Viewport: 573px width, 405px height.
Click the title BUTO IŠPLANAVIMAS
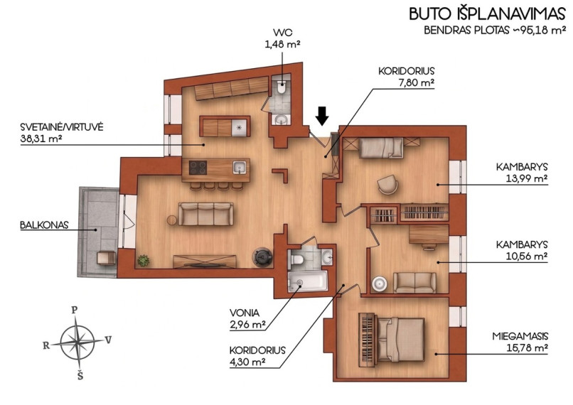tap(487, 14)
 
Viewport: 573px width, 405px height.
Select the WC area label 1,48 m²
tap(282, 45)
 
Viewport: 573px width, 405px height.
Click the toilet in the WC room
tap(282, 87)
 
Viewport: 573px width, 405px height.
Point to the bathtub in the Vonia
tap(308, 282)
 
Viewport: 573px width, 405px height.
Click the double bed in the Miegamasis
tap(400, 339)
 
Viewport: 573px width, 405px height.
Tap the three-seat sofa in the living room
tap(206, 214)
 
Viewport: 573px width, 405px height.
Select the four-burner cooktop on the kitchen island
tap(198, 168)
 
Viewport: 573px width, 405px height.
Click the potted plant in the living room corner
tap(144, 260)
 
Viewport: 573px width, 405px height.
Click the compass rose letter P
tap(75, 310)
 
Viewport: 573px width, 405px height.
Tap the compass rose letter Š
tap(80, 375)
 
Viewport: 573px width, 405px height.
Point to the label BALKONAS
tap(44, 225)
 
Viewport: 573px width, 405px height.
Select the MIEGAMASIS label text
tap(520, 336)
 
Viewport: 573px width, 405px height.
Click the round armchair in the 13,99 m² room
tap(387, 184)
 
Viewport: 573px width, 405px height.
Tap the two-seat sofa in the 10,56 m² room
tap(414, 282)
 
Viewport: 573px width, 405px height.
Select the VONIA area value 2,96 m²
tap(247, 325)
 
